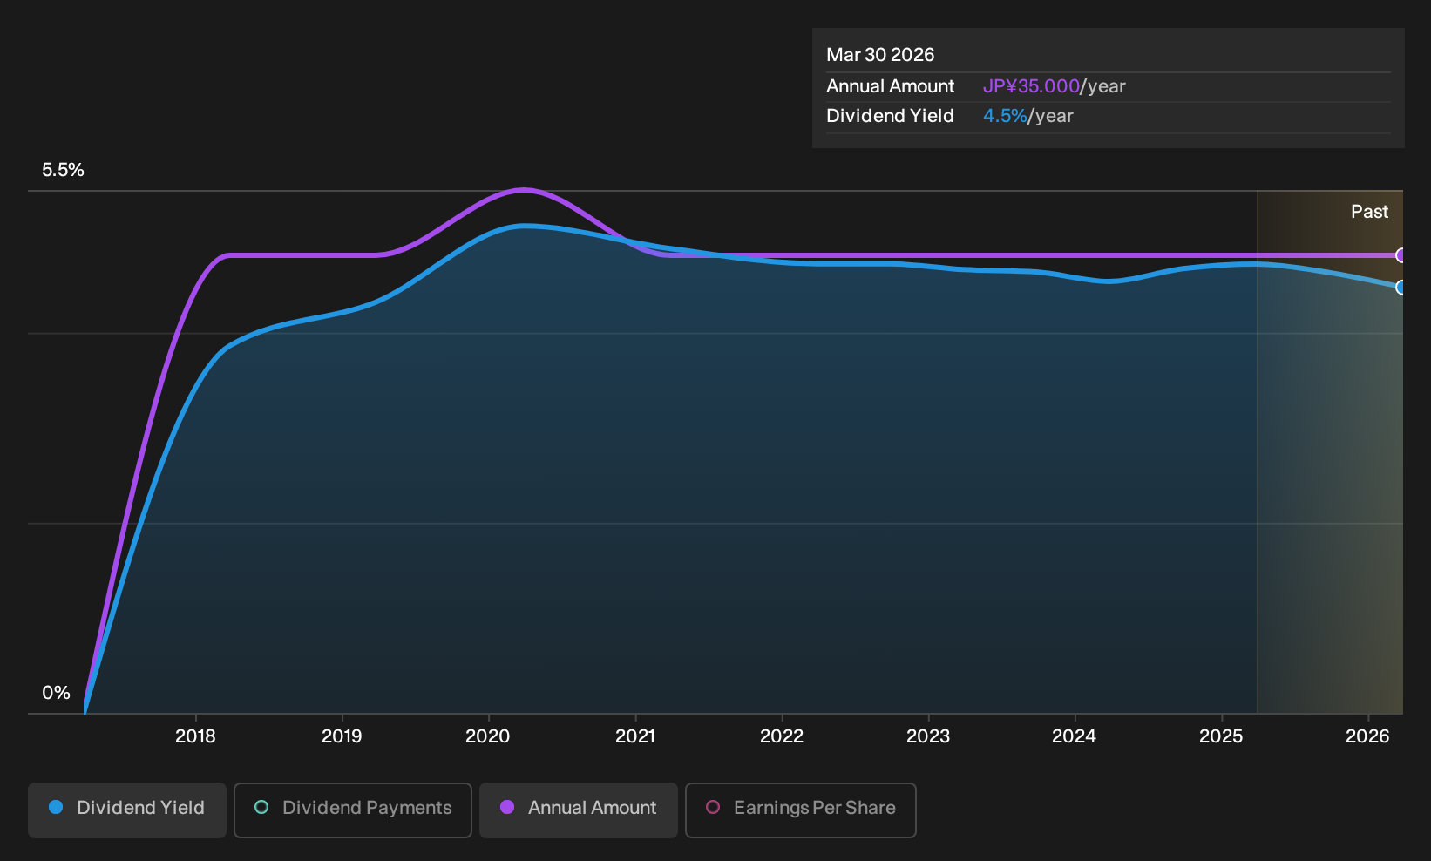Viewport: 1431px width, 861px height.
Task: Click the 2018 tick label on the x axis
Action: [195, 736]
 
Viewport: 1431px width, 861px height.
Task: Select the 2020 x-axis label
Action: [487, 736]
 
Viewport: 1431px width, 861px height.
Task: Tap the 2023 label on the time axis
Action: [928, 736]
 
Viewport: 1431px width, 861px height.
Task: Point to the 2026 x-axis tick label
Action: [1367, 736]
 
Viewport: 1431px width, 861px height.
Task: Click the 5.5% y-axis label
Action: [63, 170]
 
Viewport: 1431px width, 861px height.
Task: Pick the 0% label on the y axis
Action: [56, 693]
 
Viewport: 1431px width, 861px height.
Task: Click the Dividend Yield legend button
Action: [127, 810]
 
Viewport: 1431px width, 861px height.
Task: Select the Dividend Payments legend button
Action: [353, 810]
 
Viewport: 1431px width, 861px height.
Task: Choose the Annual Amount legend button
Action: [578, 810]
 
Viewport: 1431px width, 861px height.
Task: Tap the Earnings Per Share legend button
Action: [800, 810]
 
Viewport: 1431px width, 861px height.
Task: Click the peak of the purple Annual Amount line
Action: [524, 190]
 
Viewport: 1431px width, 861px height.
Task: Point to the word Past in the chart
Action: [1369, 212]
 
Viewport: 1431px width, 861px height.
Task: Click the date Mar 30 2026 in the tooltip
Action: [880, 54]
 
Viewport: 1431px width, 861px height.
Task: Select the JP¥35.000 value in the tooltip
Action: [1030, 85]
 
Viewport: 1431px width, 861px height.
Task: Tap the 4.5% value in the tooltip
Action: [1004, 116]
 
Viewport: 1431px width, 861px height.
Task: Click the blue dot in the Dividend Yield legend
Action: [56, 807]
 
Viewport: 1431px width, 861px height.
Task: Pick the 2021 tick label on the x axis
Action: [635, 736]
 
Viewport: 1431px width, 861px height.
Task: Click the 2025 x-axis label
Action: [1221, 736]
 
